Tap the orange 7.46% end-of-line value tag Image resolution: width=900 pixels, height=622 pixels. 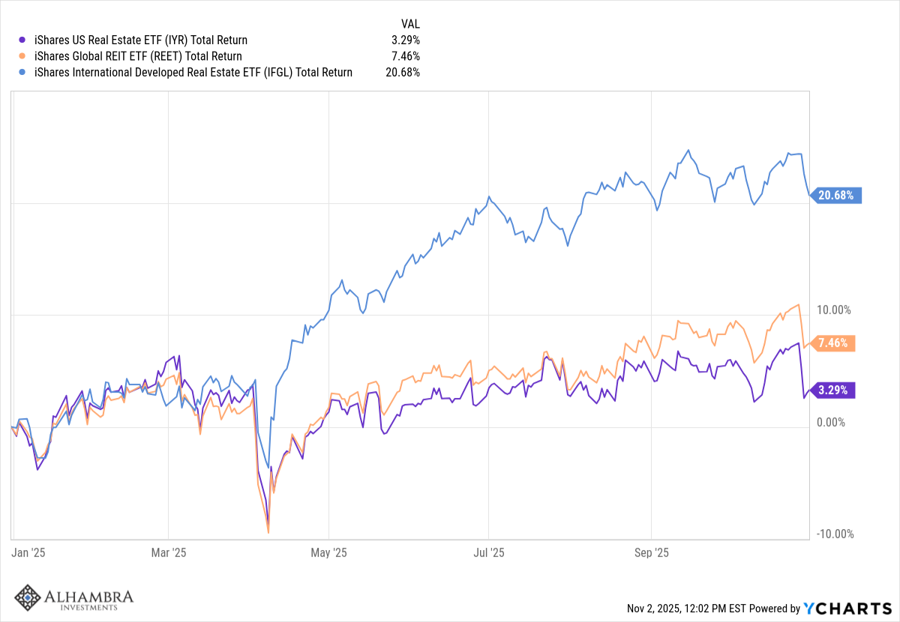pyautogui.click(x=835, y=343)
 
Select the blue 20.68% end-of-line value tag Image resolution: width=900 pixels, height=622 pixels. pyautogui.click(x=838, y=196)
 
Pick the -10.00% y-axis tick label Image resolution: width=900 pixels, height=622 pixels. pyautogui.click(x=833, y=534)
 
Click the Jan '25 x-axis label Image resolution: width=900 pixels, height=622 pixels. pyautogui.click(x=29, y=553)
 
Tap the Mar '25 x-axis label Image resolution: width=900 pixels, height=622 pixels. pyautogui.click(x=169, y=553)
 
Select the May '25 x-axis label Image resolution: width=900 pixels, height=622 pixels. pyautogui.click(x=329, y=553)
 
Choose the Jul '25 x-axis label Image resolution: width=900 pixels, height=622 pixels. pyautogui.click(x=488, y=553)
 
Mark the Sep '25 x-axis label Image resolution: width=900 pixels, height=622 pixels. pyautogui.click(x=651, y=553)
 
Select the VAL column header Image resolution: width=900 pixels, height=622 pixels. pyautogui.click(x=410, y=24)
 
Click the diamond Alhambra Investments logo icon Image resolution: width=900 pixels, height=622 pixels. pyautogui.click(x=28, y=597)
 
